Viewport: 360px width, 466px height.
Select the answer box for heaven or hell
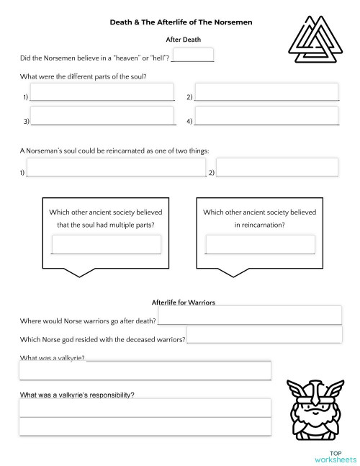[x=194, y=55]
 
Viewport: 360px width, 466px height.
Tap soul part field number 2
[x=266, y=92]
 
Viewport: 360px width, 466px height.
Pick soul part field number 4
[x=266, y=116]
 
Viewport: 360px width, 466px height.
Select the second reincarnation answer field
[x=277, y=167]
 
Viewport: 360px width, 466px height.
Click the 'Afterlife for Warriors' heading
[x=184, y=302]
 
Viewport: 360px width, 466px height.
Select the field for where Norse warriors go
[x=249, y=315]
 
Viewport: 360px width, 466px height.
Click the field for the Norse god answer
[x=264, y=334]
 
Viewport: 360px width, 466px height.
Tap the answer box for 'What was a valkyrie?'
[x=145, y=370]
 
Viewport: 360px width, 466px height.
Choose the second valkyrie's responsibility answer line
[x=145, y=426]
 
